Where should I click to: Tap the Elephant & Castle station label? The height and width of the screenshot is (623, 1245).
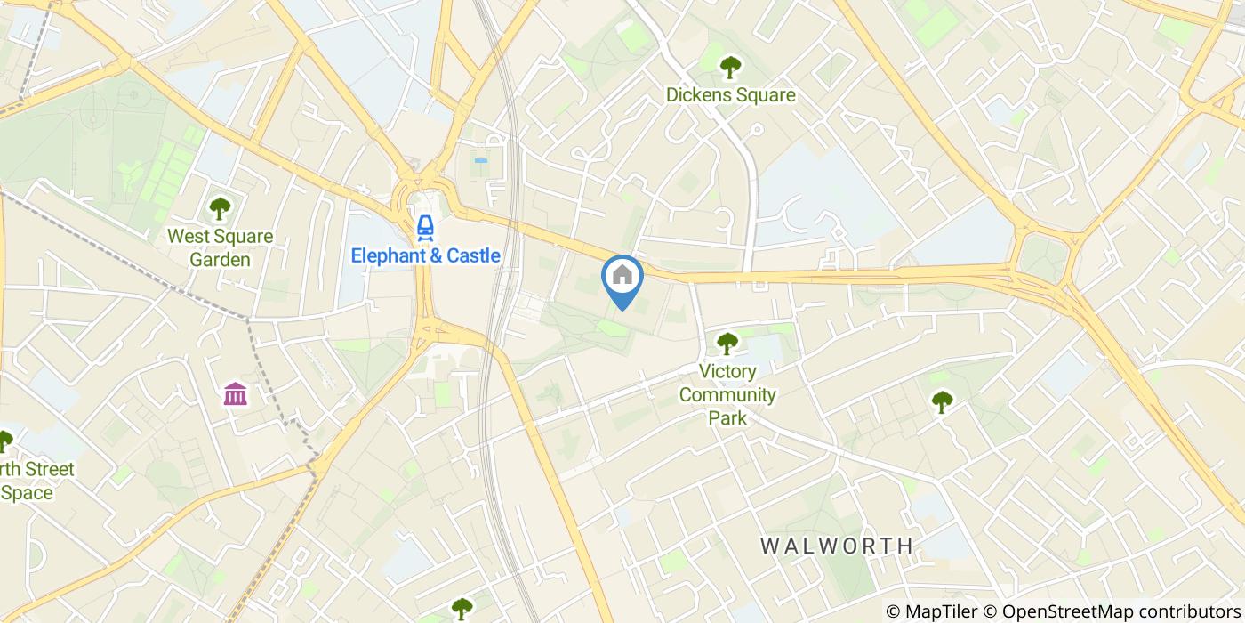pyautogui.click(x=425, y=256)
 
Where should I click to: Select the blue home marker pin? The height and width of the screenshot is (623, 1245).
pyautogui.click(x=622, y=279)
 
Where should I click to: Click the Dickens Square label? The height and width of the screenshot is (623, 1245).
pyautogui.click(x=731, y=95)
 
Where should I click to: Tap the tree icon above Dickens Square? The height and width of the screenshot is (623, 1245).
pyautogui.click(x=731, y=66)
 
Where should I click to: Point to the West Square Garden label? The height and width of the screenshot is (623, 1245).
pyautogui.click(x=220, y=248)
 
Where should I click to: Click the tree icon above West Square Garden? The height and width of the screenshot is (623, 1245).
pyautogui.click(x=220, y=209)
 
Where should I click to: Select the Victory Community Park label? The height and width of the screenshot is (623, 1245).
pyautogui.click(x=728, y=394)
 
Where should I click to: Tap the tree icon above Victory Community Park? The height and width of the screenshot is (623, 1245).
pyautogui.click(x=728, y=343)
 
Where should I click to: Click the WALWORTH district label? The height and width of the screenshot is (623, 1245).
pyautogui.click(x=837, y=546)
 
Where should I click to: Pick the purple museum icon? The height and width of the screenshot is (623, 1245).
pyautogui.click(x=236, y=392)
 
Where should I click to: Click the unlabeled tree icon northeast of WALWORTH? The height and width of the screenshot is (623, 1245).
pyautogui.click(x=942, y=402)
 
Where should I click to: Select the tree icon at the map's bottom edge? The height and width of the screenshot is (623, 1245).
pyautogui.click(x=462, y=610)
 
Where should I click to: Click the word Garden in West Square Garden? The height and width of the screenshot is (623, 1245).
pyautogui.click(x=220, y=260)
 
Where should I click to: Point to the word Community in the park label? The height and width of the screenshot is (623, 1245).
pyautogui.click(x=728, y=394)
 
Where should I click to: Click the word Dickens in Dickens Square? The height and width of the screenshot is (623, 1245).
pyautogui.click(x=699, y=95)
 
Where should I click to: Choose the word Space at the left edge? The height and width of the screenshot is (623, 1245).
pyautogui.click(x=27, y=492)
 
